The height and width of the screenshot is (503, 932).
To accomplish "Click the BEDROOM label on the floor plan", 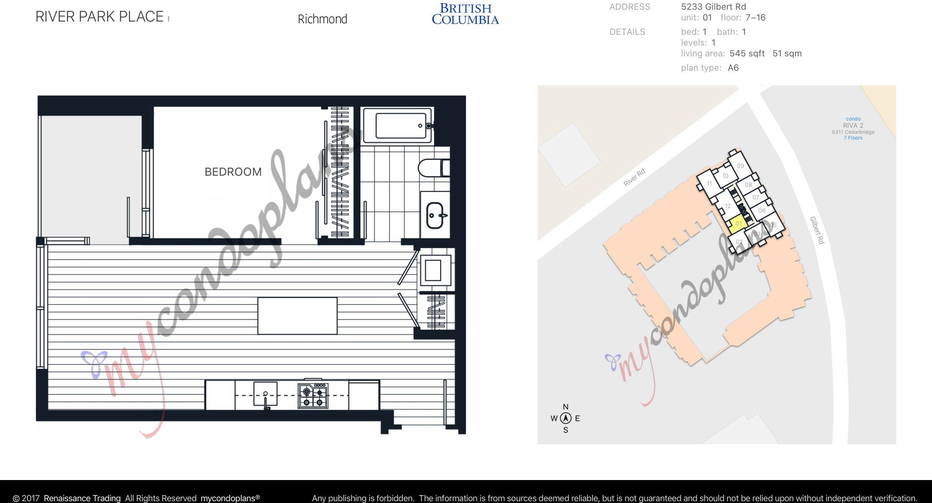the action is (x=233, y=171).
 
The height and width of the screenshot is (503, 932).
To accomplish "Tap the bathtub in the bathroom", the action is (x=398, y=125).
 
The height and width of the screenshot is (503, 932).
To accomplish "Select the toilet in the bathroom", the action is (x=434, y=168).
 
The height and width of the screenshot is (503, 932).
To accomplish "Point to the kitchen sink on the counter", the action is (x=266, y=394).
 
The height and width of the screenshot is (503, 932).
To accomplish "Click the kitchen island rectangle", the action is (x=298, y=316).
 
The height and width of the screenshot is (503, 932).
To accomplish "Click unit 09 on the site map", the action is (x=740, y=166).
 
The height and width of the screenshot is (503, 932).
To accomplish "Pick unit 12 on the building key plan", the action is (x=728, y=206).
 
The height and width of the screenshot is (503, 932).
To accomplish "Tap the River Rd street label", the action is (x=634, y=178).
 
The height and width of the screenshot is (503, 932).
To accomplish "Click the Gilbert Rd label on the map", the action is (x=817, y=230).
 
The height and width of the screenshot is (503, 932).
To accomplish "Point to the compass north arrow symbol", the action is (x=566, y=418).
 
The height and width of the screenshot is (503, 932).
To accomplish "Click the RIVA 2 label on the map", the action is (x=853, y=125).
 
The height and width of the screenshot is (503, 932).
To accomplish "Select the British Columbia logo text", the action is (x=465, y=14).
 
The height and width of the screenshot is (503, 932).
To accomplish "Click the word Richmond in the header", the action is (x=322, y=19).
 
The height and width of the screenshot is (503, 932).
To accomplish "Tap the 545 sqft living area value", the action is (x=747, y=53).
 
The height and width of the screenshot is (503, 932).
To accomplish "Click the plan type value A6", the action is (x=733, y=68).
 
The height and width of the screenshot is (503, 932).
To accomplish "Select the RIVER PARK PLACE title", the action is (x=100, y=17).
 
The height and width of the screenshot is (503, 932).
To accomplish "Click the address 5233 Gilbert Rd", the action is (x=713, y=6).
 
